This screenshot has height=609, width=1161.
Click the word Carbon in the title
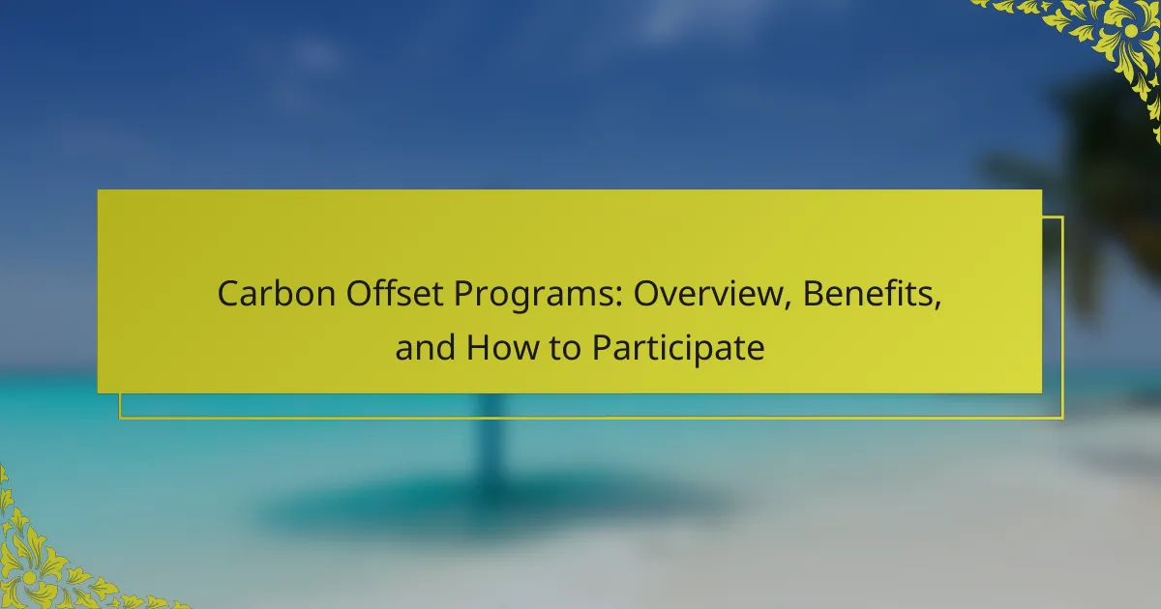click(x=277, y=294)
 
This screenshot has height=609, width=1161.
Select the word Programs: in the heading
click(x=538, y=296)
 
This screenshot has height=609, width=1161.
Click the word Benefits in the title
click(x=868, y=294)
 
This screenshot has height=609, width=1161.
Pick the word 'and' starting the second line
click(x=425, y=347)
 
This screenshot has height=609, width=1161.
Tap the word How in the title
click(x=503, y=347)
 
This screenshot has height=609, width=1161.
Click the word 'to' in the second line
click(x=565, y=348)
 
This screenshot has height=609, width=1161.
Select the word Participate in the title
click(x=678, y=349)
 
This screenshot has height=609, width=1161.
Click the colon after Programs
click(x=619, y=297)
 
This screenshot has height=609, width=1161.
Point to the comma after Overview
click(x=788, y=305)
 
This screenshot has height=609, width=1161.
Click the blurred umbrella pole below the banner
click(x=490, y=440)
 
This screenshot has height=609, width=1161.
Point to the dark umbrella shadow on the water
click(x=492, y=505)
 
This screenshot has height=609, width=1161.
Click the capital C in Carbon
click(x=231, y=294)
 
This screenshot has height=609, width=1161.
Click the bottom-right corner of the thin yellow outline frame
click(x=1063, y=418)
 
